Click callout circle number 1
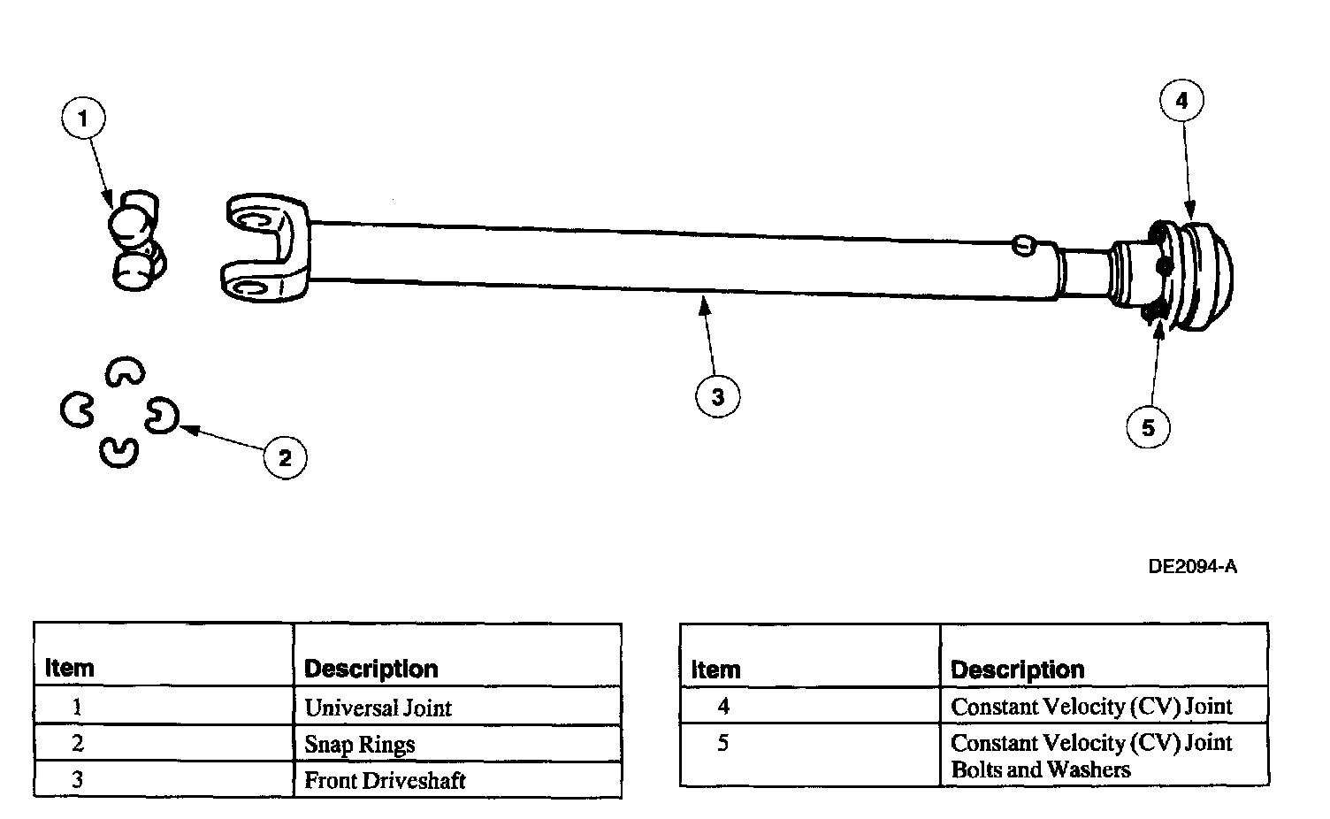point(83,119)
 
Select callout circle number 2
point(285,457)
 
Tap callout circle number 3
point(717,396)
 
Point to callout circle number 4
point(1181,100)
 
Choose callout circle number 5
point(1149,427)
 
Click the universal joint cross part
point(137,241)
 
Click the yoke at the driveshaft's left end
point(265,247)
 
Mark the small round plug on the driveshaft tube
point(1024,245)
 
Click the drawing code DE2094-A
point(1192,567)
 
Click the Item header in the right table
point(715,670)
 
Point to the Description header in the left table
point(371,669)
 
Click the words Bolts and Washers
point(1040,769)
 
